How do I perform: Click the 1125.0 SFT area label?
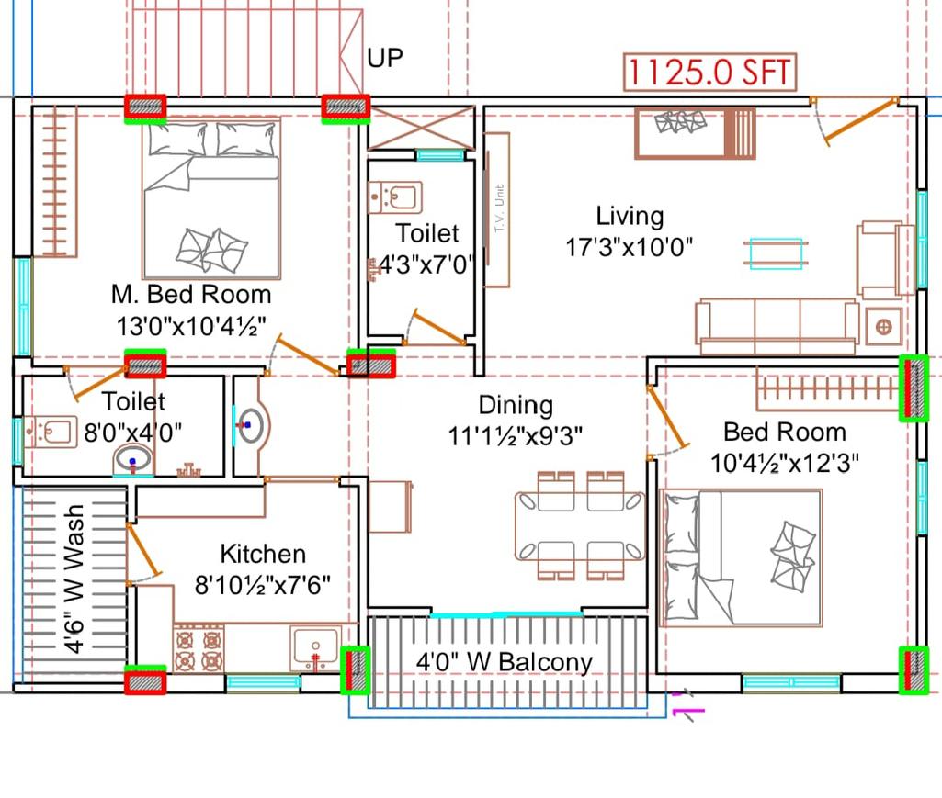(709, 72)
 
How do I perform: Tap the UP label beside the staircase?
(385, 58)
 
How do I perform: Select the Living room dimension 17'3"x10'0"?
(629, 246)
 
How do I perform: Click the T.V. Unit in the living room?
(497, 209)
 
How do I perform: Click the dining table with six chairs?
(580, 526)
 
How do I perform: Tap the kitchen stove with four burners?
(199, 649)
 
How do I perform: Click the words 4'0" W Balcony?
(504, 662)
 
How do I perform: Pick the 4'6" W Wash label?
(74, 579)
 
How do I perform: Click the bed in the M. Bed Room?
(211, 197)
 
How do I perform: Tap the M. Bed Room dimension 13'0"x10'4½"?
(190, 326)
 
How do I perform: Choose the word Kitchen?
(263, 554)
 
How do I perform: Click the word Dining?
(516, 405)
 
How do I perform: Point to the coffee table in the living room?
(776, 253)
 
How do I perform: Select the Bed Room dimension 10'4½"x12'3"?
(785, 463)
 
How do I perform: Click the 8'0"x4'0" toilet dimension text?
(132, 432)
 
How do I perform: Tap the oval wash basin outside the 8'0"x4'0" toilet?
(252, 426)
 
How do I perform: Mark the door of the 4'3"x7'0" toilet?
(435, 328)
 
